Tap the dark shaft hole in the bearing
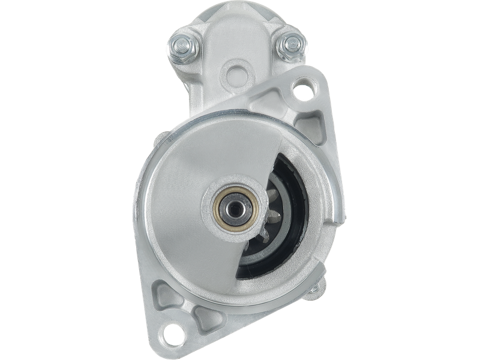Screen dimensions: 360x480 coord(234,208)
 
